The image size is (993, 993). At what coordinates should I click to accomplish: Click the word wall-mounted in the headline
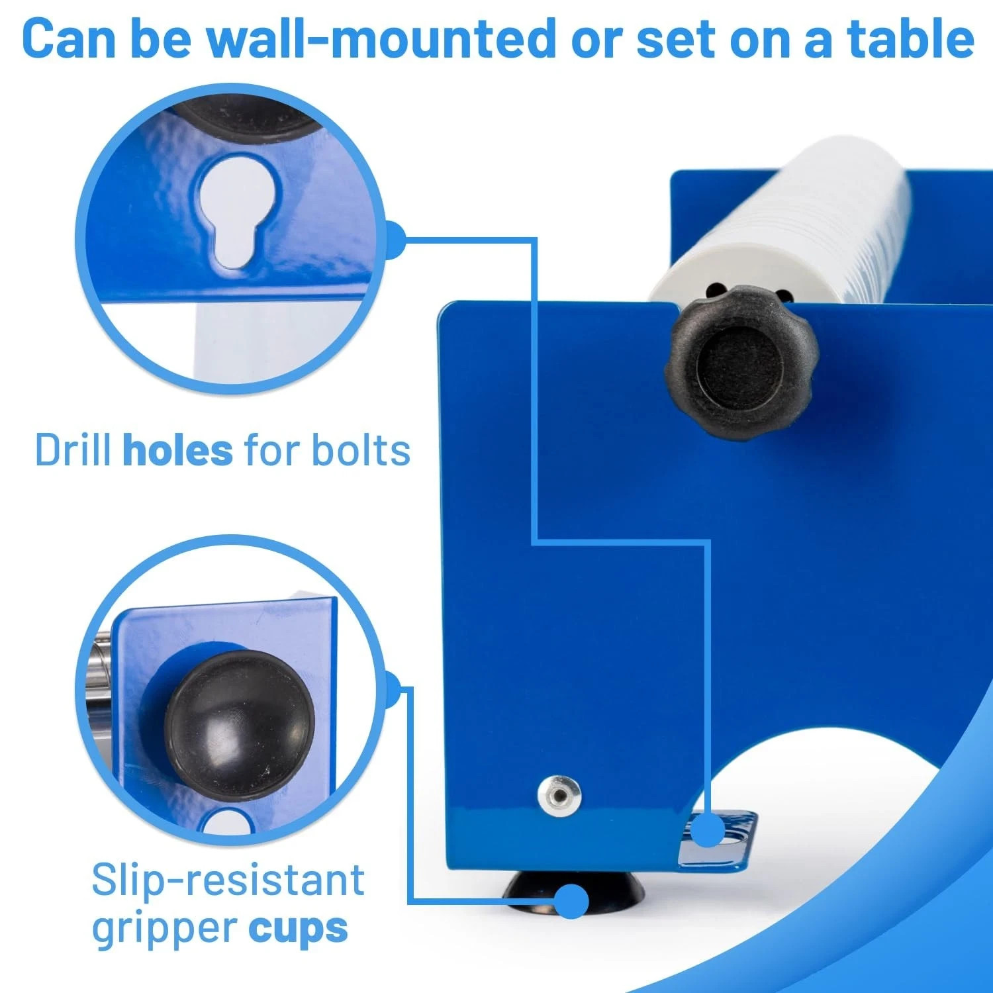[381, 38]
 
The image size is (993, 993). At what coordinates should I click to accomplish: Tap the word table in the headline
[912, 38]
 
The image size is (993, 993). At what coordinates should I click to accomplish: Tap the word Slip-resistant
[228, 880]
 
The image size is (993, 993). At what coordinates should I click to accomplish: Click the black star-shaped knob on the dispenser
[741, 363]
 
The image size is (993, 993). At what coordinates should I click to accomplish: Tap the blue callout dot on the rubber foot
[571, 900]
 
